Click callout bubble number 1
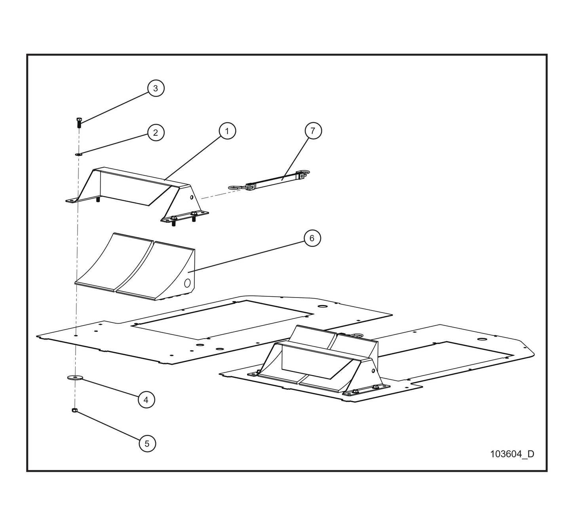227,131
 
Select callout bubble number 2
156,133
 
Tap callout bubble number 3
156,88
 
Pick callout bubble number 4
146,400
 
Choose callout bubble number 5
147,444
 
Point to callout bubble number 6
312,238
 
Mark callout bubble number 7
313,131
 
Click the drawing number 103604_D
512,454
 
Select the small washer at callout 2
78,154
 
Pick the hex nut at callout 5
74,410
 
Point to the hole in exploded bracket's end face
192,197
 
